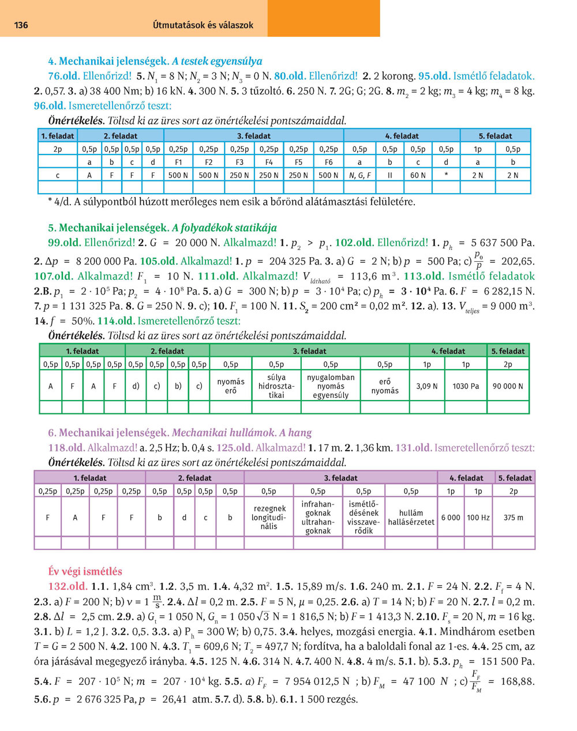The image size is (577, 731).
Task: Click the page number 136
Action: tap(21, 25)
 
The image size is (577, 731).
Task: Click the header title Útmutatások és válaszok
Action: tap(203, 25)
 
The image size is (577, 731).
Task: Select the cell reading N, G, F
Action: tap(360, 175)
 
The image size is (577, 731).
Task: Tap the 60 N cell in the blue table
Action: tap(418, 175)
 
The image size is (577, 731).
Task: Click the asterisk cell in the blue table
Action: tap(446, 175)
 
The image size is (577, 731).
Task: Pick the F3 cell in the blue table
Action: tap(239, 162)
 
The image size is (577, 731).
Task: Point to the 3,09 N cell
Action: tap(427, 386)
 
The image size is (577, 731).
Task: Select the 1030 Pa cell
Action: tap(466, 386)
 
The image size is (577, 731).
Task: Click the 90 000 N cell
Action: tap(508, 386)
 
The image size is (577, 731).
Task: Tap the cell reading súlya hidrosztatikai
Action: tap(276, 386)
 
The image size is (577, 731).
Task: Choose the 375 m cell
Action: tap(514, 518)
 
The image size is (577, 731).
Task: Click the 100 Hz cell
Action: tap(478, 518)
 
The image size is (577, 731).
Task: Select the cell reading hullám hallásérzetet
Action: tap(411, 518)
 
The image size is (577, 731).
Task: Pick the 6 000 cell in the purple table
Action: tap(451, 518)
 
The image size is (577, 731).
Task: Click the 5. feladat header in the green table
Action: tap(508, 351)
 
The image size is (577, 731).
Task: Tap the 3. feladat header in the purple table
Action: tap(340, 478)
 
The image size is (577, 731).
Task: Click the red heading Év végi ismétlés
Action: tap(85, 571)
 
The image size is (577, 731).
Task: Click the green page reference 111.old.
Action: tap(218, 276)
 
